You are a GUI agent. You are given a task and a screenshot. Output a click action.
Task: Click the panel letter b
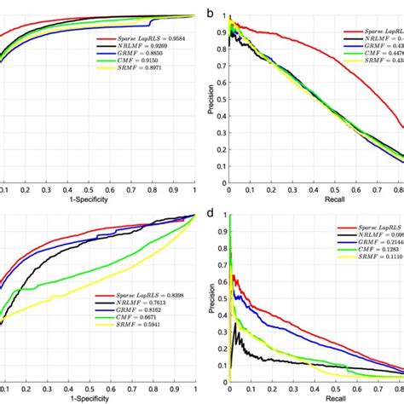pyautogui.click(x=210, y=13)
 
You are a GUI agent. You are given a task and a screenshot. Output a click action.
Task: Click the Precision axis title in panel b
pyautogui.click(x=211, y=98)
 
